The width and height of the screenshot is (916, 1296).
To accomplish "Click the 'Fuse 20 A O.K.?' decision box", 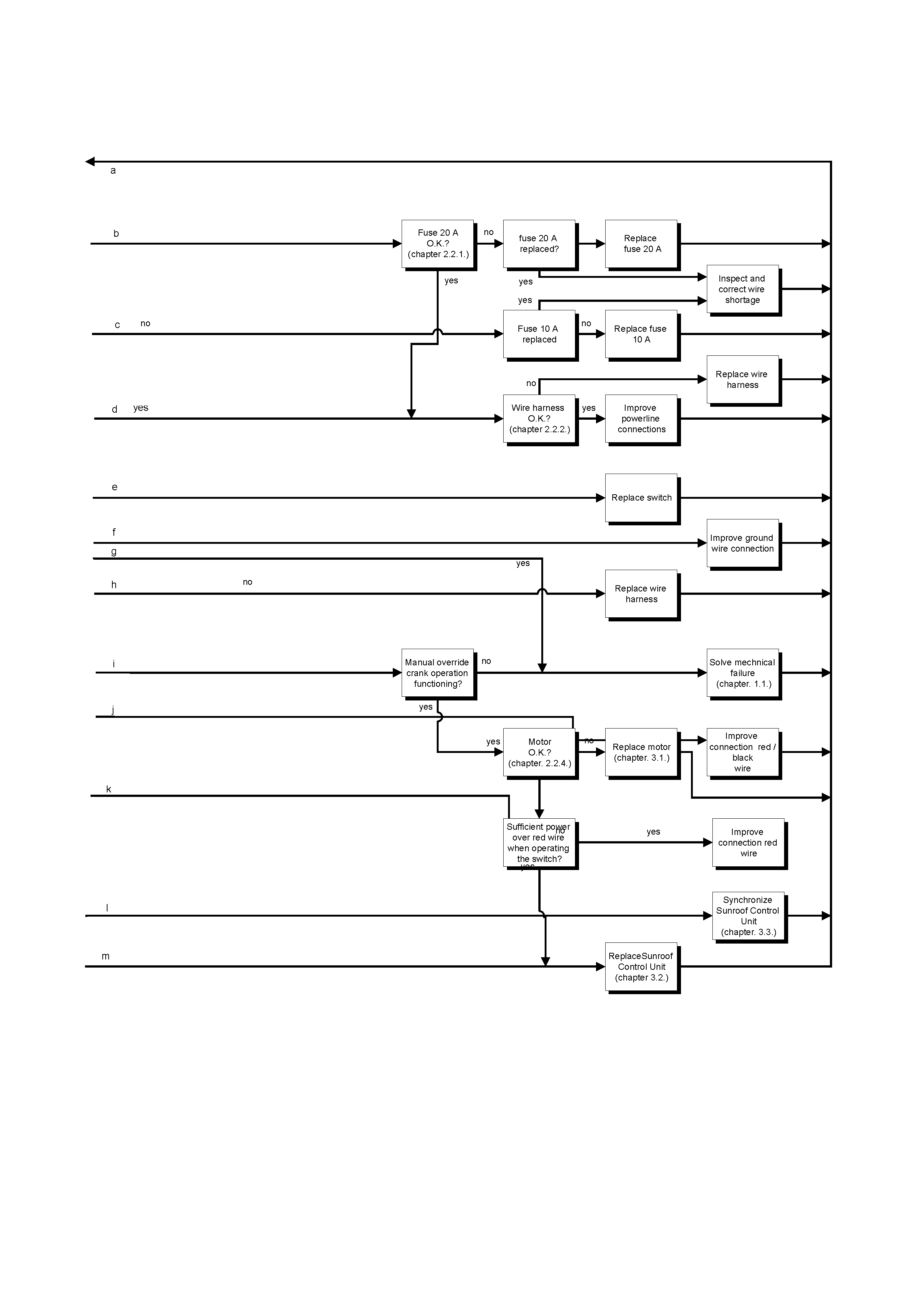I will click(437, 244).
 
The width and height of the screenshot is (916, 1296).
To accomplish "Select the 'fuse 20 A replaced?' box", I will click(539, 244).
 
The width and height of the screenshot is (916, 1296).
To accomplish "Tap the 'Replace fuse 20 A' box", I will click(641, 244).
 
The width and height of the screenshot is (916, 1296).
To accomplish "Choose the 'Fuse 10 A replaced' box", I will click(539, 334).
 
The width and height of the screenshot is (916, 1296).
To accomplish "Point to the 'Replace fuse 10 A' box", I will click(641, 334).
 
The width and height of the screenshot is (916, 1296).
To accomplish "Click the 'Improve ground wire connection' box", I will click(742, 543).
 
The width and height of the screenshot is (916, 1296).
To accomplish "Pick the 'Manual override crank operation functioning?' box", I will click(437, 673).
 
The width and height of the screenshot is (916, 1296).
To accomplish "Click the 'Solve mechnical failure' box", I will click(742, 673).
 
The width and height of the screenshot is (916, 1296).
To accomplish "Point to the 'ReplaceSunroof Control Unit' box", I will click(641, 967).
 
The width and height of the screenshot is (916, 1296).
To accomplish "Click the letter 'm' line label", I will click(106, 956).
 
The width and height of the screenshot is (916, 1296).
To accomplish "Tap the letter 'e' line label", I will click(115, 487).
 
